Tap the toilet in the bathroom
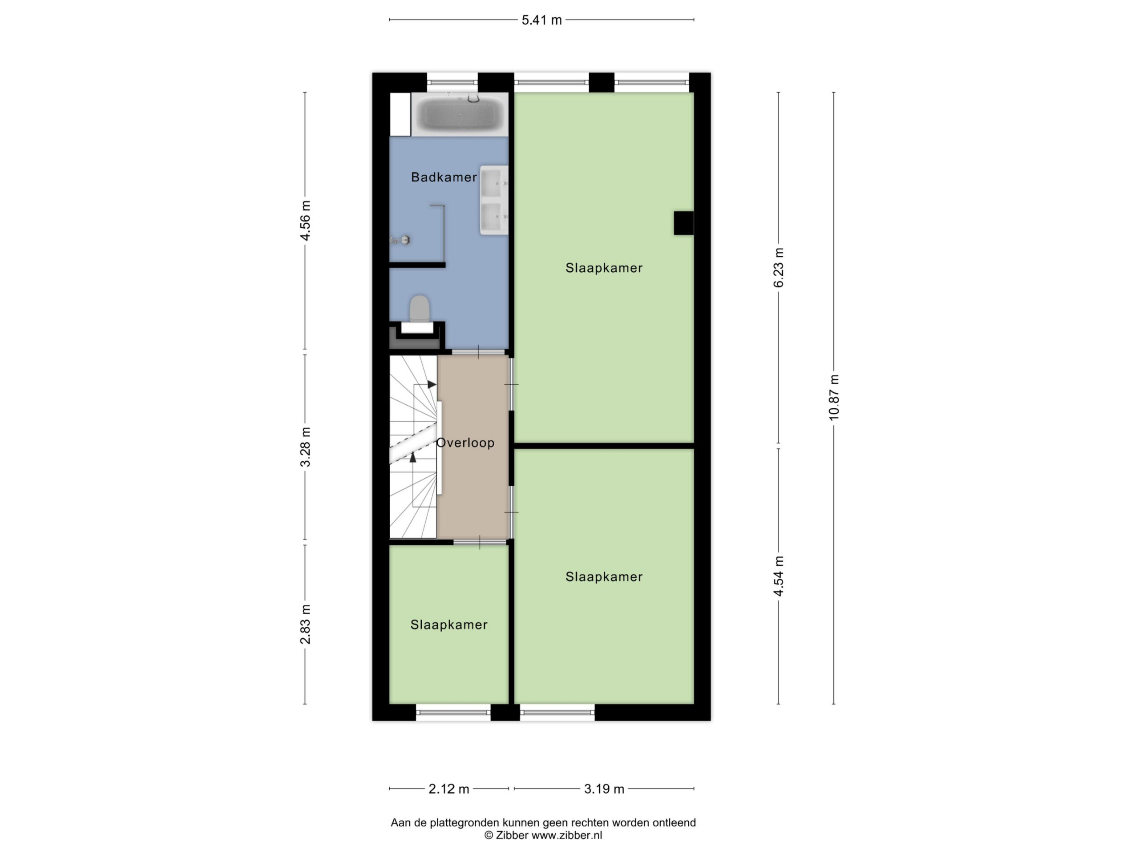(420, 309)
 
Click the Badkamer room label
(444, 177)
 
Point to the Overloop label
(465, 443)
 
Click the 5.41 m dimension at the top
(542, 20)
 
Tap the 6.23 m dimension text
(779, 268)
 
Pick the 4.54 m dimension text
(779, 576)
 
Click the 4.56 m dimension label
(305, 220)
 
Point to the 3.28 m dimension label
(305, 447)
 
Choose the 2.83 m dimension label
(305, 624)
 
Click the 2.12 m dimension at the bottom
(449, 789)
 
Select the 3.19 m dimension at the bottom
(604, 789)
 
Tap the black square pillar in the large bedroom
(684, 223)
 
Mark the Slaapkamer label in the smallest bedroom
(448, 625)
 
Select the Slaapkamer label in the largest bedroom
(604, 268)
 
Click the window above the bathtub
(452, 82)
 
